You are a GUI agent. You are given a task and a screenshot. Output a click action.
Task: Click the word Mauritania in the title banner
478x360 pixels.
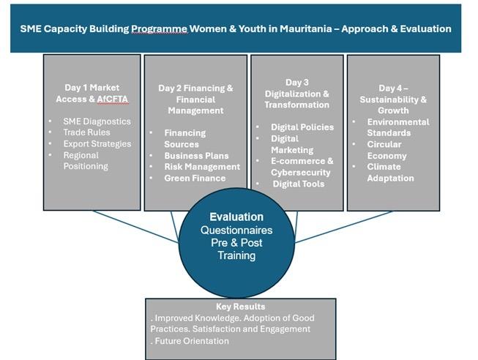[x=306, y=29]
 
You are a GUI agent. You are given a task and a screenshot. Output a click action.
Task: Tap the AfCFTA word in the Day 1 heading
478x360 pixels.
[x=113, y=99]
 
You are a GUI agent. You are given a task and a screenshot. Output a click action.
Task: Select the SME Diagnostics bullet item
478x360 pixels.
[x=97, y=121]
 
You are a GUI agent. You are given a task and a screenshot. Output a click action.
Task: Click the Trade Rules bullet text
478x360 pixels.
[x=86, y=132]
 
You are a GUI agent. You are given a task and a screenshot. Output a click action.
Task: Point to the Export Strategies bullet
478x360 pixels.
[x=97, y=143]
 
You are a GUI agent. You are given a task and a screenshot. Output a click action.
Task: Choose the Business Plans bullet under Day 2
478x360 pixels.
[x=196, y=155]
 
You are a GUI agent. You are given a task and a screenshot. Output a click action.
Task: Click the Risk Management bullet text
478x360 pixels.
[x=202, y=167]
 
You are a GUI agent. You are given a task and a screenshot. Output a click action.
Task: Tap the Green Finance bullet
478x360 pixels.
[x=195, y=178]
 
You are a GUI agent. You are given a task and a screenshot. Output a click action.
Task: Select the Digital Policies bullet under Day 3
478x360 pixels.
[x=302, y=127]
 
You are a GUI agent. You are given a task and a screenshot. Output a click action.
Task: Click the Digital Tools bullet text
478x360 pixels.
[x=299, y=184]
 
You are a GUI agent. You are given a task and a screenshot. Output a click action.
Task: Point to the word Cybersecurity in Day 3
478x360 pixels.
[x=301, y=173]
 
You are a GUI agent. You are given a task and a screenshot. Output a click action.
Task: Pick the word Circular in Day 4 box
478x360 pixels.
[x=384, y=144]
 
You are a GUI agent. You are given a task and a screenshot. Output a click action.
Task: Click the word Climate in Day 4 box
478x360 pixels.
[x=384, y=167]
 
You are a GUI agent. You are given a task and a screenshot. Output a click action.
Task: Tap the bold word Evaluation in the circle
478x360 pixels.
[x=236, y=217]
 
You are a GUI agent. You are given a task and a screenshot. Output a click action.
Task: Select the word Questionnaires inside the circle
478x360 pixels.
[x=236, y=230]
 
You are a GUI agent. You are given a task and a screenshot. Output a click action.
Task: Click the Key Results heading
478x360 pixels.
[x=241, y=307]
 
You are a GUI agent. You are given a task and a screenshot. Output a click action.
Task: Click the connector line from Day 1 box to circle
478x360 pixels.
[x=135, y=227]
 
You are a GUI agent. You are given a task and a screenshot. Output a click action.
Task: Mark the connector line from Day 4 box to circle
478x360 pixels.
[x=343, y=227]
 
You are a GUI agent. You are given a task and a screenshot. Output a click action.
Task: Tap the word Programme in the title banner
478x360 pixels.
[x=159, y=29]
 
